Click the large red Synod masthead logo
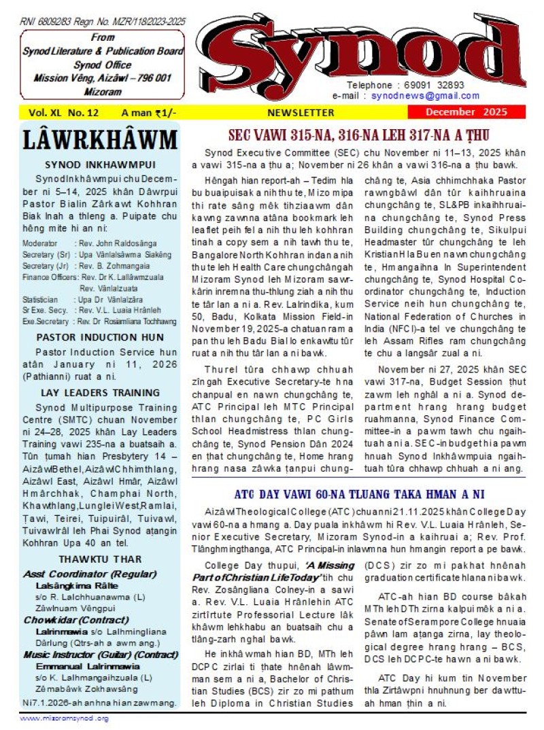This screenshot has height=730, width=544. [x=371, y=53]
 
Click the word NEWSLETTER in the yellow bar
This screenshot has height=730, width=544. [x=301, y=112]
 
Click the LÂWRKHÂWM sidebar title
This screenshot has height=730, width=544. [x=101, y=139]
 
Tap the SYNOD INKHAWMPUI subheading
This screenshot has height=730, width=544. [x=100, y=164]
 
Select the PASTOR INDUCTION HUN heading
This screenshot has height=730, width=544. [x=100, y=337]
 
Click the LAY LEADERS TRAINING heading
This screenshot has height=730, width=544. [x=100, y=392]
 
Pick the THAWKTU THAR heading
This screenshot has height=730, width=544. [x=100, y=559]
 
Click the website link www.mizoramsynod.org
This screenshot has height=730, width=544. [x=64, y=718]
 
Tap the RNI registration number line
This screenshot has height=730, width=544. [x=102, y=22]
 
